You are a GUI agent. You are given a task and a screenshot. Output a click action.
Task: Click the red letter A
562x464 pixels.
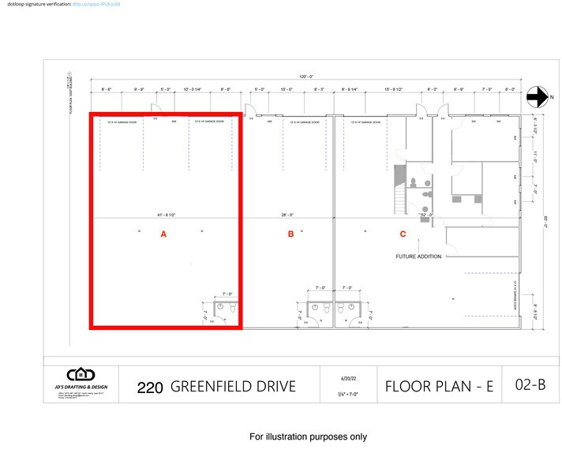click(163, 234)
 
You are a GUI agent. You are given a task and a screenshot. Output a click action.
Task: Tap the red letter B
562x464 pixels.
click(290, 234)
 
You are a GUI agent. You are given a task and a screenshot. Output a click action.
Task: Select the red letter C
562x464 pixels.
click(403, 234)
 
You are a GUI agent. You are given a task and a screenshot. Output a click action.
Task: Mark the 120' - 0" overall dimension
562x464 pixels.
click(305, 77)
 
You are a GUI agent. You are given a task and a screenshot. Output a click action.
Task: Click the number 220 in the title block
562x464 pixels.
click(150, 387)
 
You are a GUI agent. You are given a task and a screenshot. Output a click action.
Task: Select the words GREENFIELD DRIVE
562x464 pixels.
click(233, 387)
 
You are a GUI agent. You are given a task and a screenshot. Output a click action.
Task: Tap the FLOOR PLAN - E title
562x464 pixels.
click(439, 387)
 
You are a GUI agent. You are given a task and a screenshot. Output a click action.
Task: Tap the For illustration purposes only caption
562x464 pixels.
click(308, 436)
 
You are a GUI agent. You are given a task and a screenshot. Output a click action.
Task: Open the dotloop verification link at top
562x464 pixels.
click(96, 4)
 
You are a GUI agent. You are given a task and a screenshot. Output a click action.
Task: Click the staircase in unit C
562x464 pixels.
click(399, 190)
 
